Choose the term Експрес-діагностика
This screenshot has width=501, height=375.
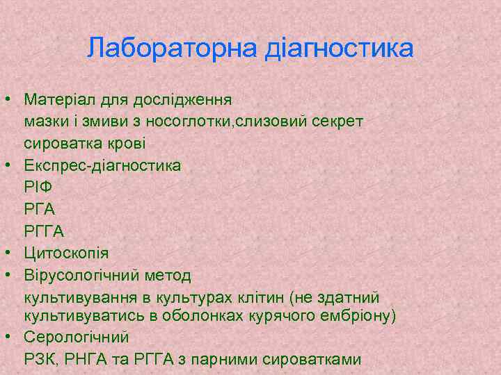pyautogui.click(x=102, y=166)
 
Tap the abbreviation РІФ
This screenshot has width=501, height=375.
pyautogui.click(x=39, y=187)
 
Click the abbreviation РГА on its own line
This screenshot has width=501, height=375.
pyautogui.click(x=40, y=209)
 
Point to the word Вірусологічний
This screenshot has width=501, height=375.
pyautogui.click(x=83, y=276)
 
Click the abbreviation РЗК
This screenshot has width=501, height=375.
pyautogui.click(x=40, y=359)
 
